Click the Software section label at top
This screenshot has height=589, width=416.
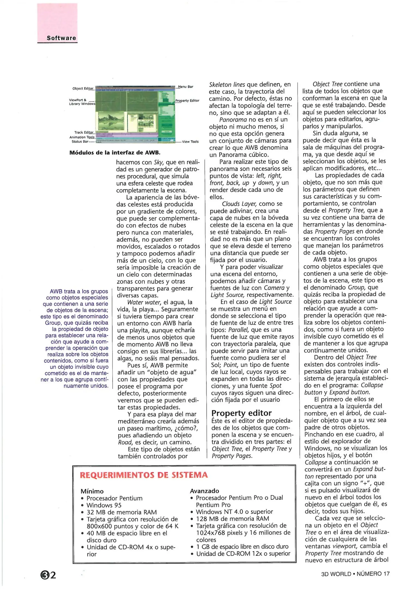(61, 38)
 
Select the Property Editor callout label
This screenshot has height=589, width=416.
(187, 101)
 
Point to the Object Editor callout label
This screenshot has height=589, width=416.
(83, 89)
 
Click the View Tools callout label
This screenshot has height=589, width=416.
(190, 142)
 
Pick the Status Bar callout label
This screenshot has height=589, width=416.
(80, 142)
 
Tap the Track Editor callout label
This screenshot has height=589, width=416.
(84, 133)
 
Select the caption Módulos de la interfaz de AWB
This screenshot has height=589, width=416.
(115, 153)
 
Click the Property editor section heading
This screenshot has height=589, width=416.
(241, 413)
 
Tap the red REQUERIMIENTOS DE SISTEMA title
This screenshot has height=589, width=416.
(144, 475)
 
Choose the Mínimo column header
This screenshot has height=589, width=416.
(92, 491)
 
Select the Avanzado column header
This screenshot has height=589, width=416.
(204, 491)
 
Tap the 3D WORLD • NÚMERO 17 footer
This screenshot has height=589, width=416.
(355, 574)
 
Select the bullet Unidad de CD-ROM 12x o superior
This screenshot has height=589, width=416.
(243, 554)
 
